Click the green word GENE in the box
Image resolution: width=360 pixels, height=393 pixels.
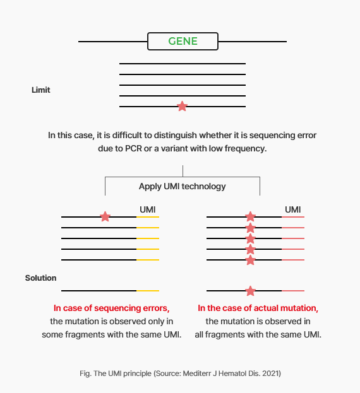183,41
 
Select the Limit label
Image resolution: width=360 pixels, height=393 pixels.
41,90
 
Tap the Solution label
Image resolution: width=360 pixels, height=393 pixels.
40,278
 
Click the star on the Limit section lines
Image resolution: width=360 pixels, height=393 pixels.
182,106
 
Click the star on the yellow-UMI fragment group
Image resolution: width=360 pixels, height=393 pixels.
105,216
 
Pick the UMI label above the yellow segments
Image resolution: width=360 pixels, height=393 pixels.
148,209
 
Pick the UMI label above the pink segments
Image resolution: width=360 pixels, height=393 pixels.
293,209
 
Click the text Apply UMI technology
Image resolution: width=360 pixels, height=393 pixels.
183,187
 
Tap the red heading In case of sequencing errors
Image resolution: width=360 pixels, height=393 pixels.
111,308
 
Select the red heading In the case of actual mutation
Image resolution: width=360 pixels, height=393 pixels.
258,308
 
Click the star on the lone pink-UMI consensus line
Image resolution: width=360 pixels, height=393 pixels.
250,291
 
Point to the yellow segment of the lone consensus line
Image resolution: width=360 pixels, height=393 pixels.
148,291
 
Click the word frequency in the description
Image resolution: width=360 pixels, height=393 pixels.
246,149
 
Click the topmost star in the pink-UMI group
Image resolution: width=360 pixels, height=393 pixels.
250,216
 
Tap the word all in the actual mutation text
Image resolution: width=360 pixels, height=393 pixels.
199,334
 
